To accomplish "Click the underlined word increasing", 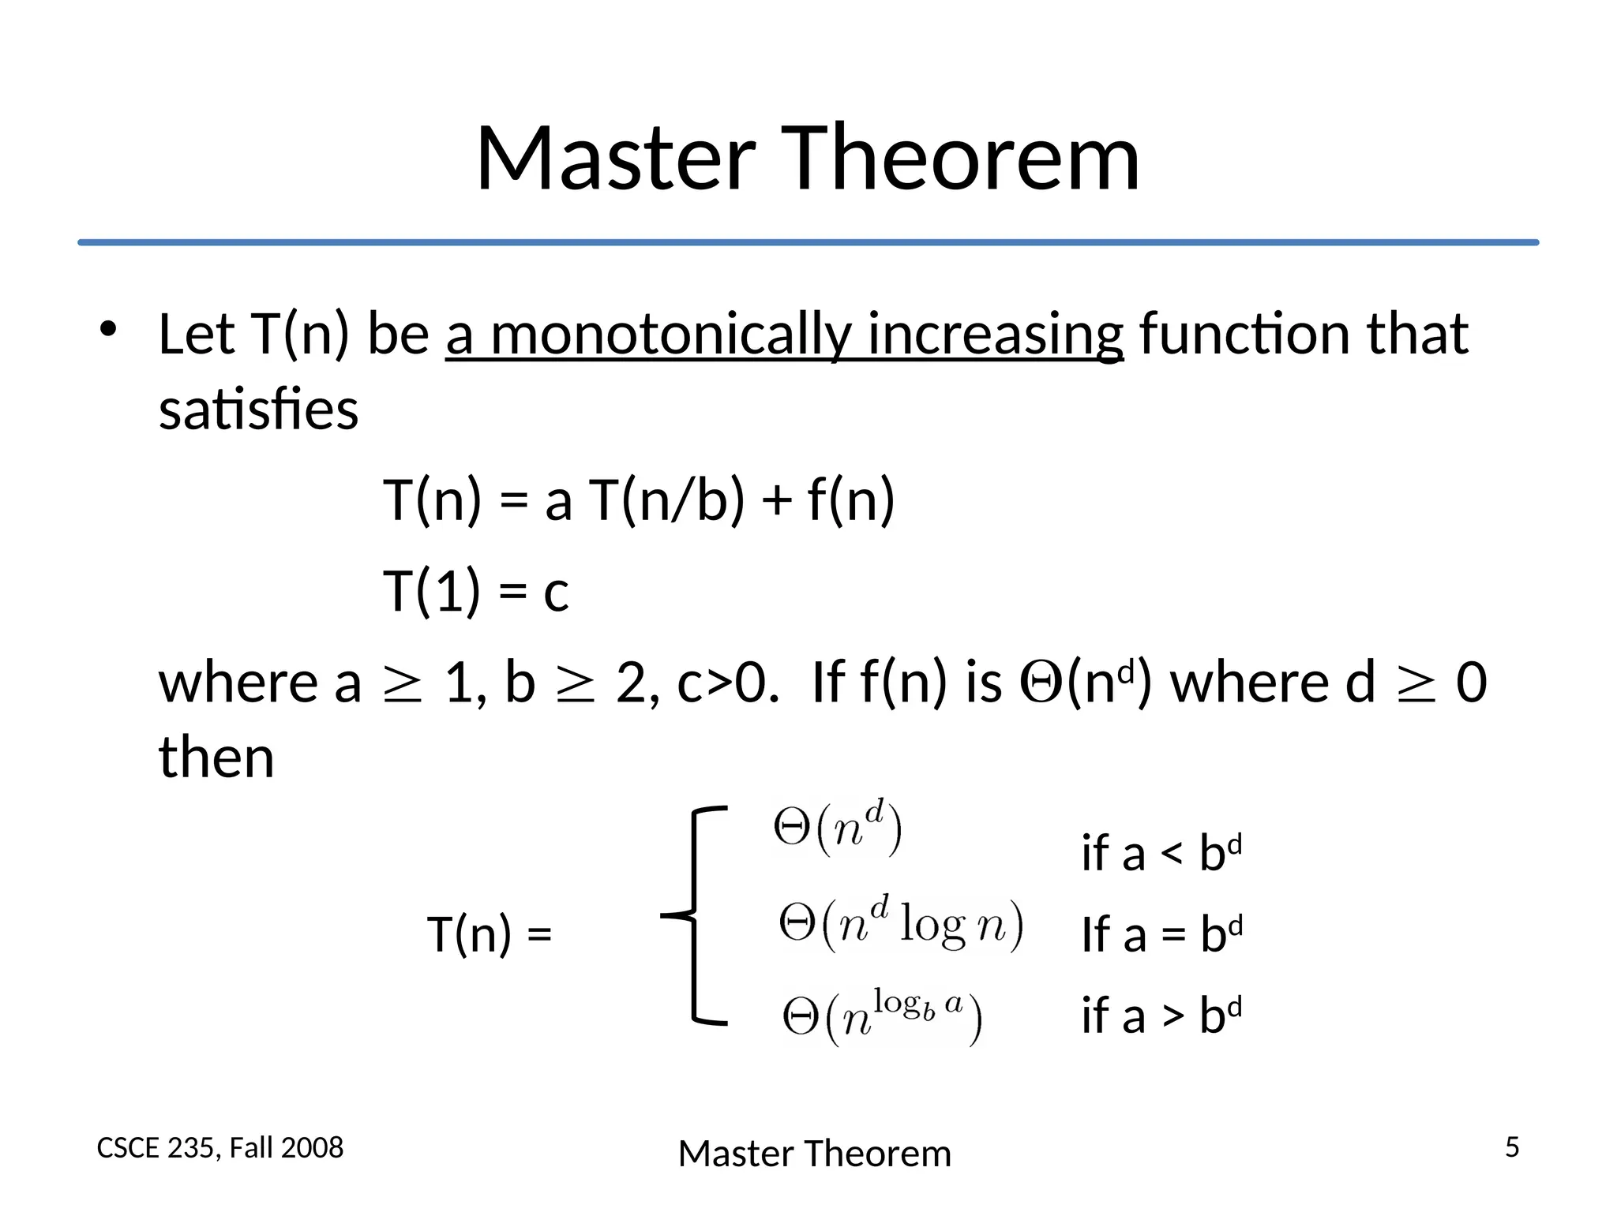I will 995,335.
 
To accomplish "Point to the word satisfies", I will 258,410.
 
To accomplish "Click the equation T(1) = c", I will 475,592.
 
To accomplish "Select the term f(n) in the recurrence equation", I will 851,500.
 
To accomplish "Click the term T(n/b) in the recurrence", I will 667,500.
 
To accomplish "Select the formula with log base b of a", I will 882,1018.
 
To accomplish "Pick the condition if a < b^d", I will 1161,852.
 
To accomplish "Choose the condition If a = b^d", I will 1161,933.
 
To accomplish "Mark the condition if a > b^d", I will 1161,1015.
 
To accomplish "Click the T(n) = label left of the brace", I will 489,934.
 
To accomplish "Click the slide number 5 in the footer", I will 1511,1147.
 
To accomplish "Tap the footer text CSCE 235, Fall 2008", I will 219,1148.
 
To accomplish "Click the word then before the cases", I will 216,757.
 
